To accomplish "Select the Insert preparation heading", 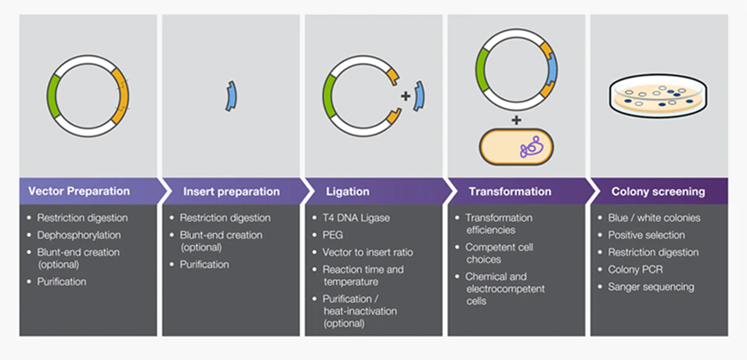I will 231,192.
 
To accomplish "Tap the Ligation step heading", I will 348,192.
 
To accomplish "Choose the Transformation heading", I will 510,192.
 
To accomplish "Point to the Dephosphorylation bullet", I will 79,235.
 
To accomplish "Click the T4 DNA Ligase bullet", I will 356,218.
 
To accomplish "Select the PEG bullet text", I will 333,235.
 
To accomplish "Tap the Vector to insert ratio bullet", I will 367,252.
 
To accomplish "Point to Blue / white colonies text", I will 654,218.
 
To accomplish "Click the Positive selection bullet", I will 646,235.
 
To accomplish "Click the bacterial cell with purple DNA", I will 517,147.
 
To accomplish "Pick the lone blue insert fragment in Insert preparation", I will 231,96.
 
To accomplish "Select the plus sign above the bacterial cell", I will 516,120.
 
